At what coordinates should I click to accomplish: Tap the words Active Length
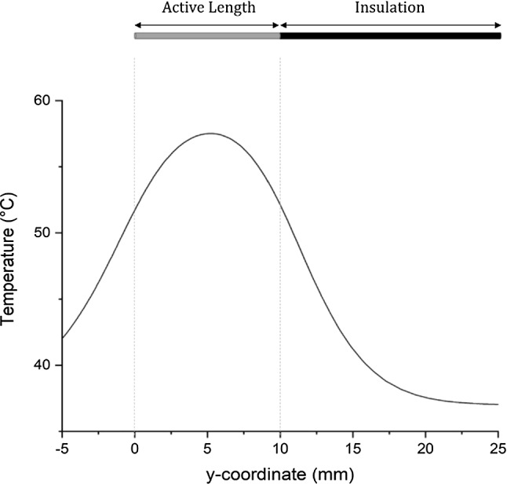click(x=208, y=9)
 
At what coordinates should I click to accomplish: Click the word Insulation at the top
click(x=389, y=9)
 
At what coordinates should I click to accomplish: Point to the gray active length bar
click(x=207, y=35)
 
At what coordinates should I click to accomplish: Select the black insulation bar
click(x=390, y=35)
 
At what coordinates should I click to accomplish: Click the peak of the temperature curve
click(x=210, y=134)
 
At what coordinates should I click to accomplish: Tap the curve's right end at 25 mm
click(x=498, y=404)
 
